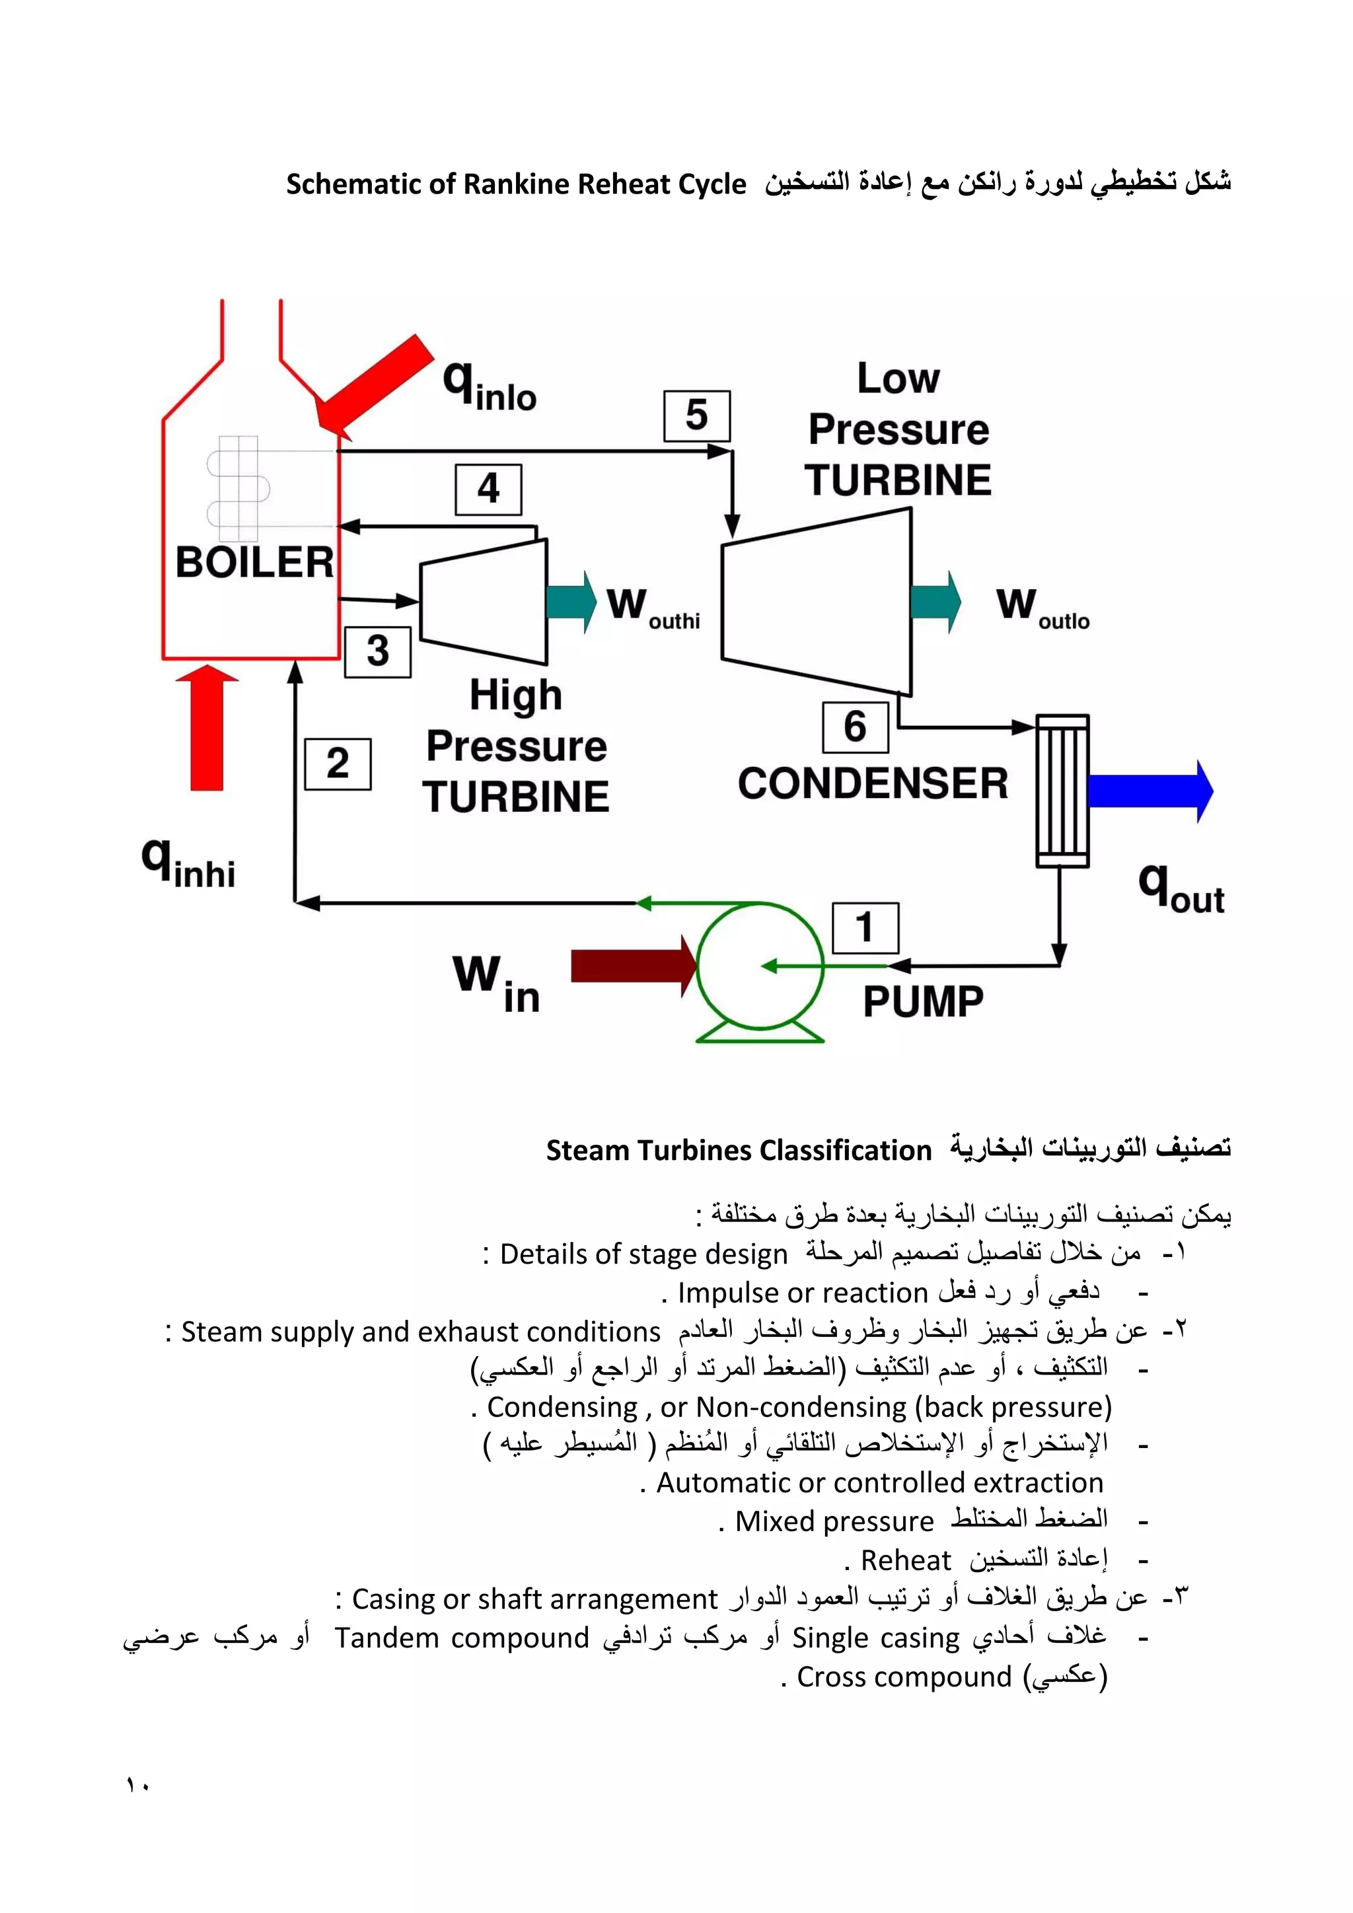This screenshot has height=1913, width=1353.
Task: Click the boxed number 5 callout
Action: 696,415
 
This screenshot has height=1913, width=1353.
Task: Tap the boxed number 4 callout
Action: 488,489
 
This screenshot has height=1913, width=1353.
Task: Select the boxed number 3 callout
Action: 377,651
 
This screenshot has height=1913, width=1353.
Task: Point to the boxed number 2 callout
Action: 338,763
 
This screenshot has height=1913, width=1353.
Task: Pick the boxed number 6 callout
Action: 855,727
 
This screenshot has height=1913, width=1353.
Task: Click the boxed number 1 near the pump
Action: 865,927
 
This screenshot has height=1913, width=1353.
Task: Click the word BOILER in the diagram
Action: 254,562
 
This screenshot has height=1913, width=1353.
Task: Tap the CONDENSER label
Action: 872,784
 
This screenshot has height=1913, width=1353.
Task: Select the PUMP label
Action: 922,1001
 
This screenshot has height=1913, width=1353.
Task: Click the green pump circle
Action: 759,966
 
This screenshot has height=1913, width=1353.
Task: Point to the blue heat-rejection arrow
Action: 1150,791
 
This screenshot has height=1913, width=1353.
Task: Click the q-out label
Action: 1181,888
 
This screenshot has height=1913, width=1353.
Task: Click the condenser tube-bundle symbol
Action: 1062,791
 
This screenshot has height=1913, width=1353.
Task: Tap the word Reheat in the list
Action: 906,1560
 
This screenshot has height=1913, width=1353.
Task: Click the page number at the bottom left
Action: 137,1785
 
